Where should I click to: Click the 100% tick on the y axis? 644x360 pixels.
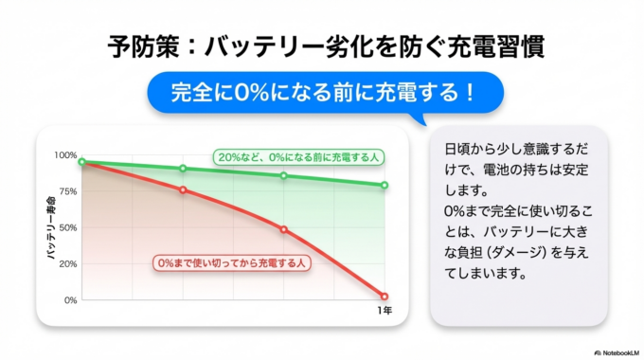coord(65,155)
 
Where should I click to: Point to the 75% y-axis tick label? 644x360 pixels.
coord(67,191)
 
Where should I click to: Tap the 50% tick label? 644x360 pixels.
coord(67,227)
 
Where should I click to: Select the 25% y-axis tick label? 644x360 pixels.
coord(67,263)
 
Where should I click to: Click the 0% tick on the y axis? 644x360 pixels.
coord(70,300)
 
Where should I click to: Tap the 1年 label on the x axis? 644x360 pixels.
coord(385,312)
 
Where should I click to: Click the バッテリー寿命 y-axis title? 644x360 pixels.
coord(52,227)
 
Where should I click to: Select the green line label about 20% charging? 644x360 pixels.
coord(295,157)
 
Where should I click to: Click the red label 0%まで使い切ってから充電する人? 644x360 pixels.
coord(227,261)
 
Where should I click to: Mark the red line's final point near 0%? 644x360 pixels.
coord(385,297)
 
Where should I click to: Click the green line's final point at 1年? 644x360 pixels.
coord(385,185)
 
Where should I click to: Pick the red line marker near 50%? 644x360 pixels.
coord(283,229)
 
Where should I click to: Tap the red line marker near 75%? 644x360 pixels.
coord(183,189)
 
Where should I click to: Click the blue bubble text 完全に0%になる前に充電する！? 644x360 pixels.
coord(321,94)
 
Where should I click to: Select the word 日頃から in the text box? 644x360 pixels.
coord(466,151)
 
